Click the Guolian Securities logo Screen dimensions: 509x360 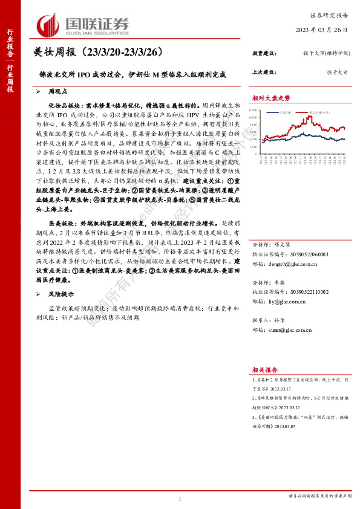[83, 25]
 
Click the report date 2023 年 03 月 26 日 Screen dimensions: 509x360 [324, 30]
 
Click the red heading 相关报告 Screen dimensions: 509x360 [264, 369]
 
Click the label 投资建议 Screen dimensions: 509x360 [264, 54]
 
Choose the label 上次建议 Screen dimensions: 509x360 [264, 72]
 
